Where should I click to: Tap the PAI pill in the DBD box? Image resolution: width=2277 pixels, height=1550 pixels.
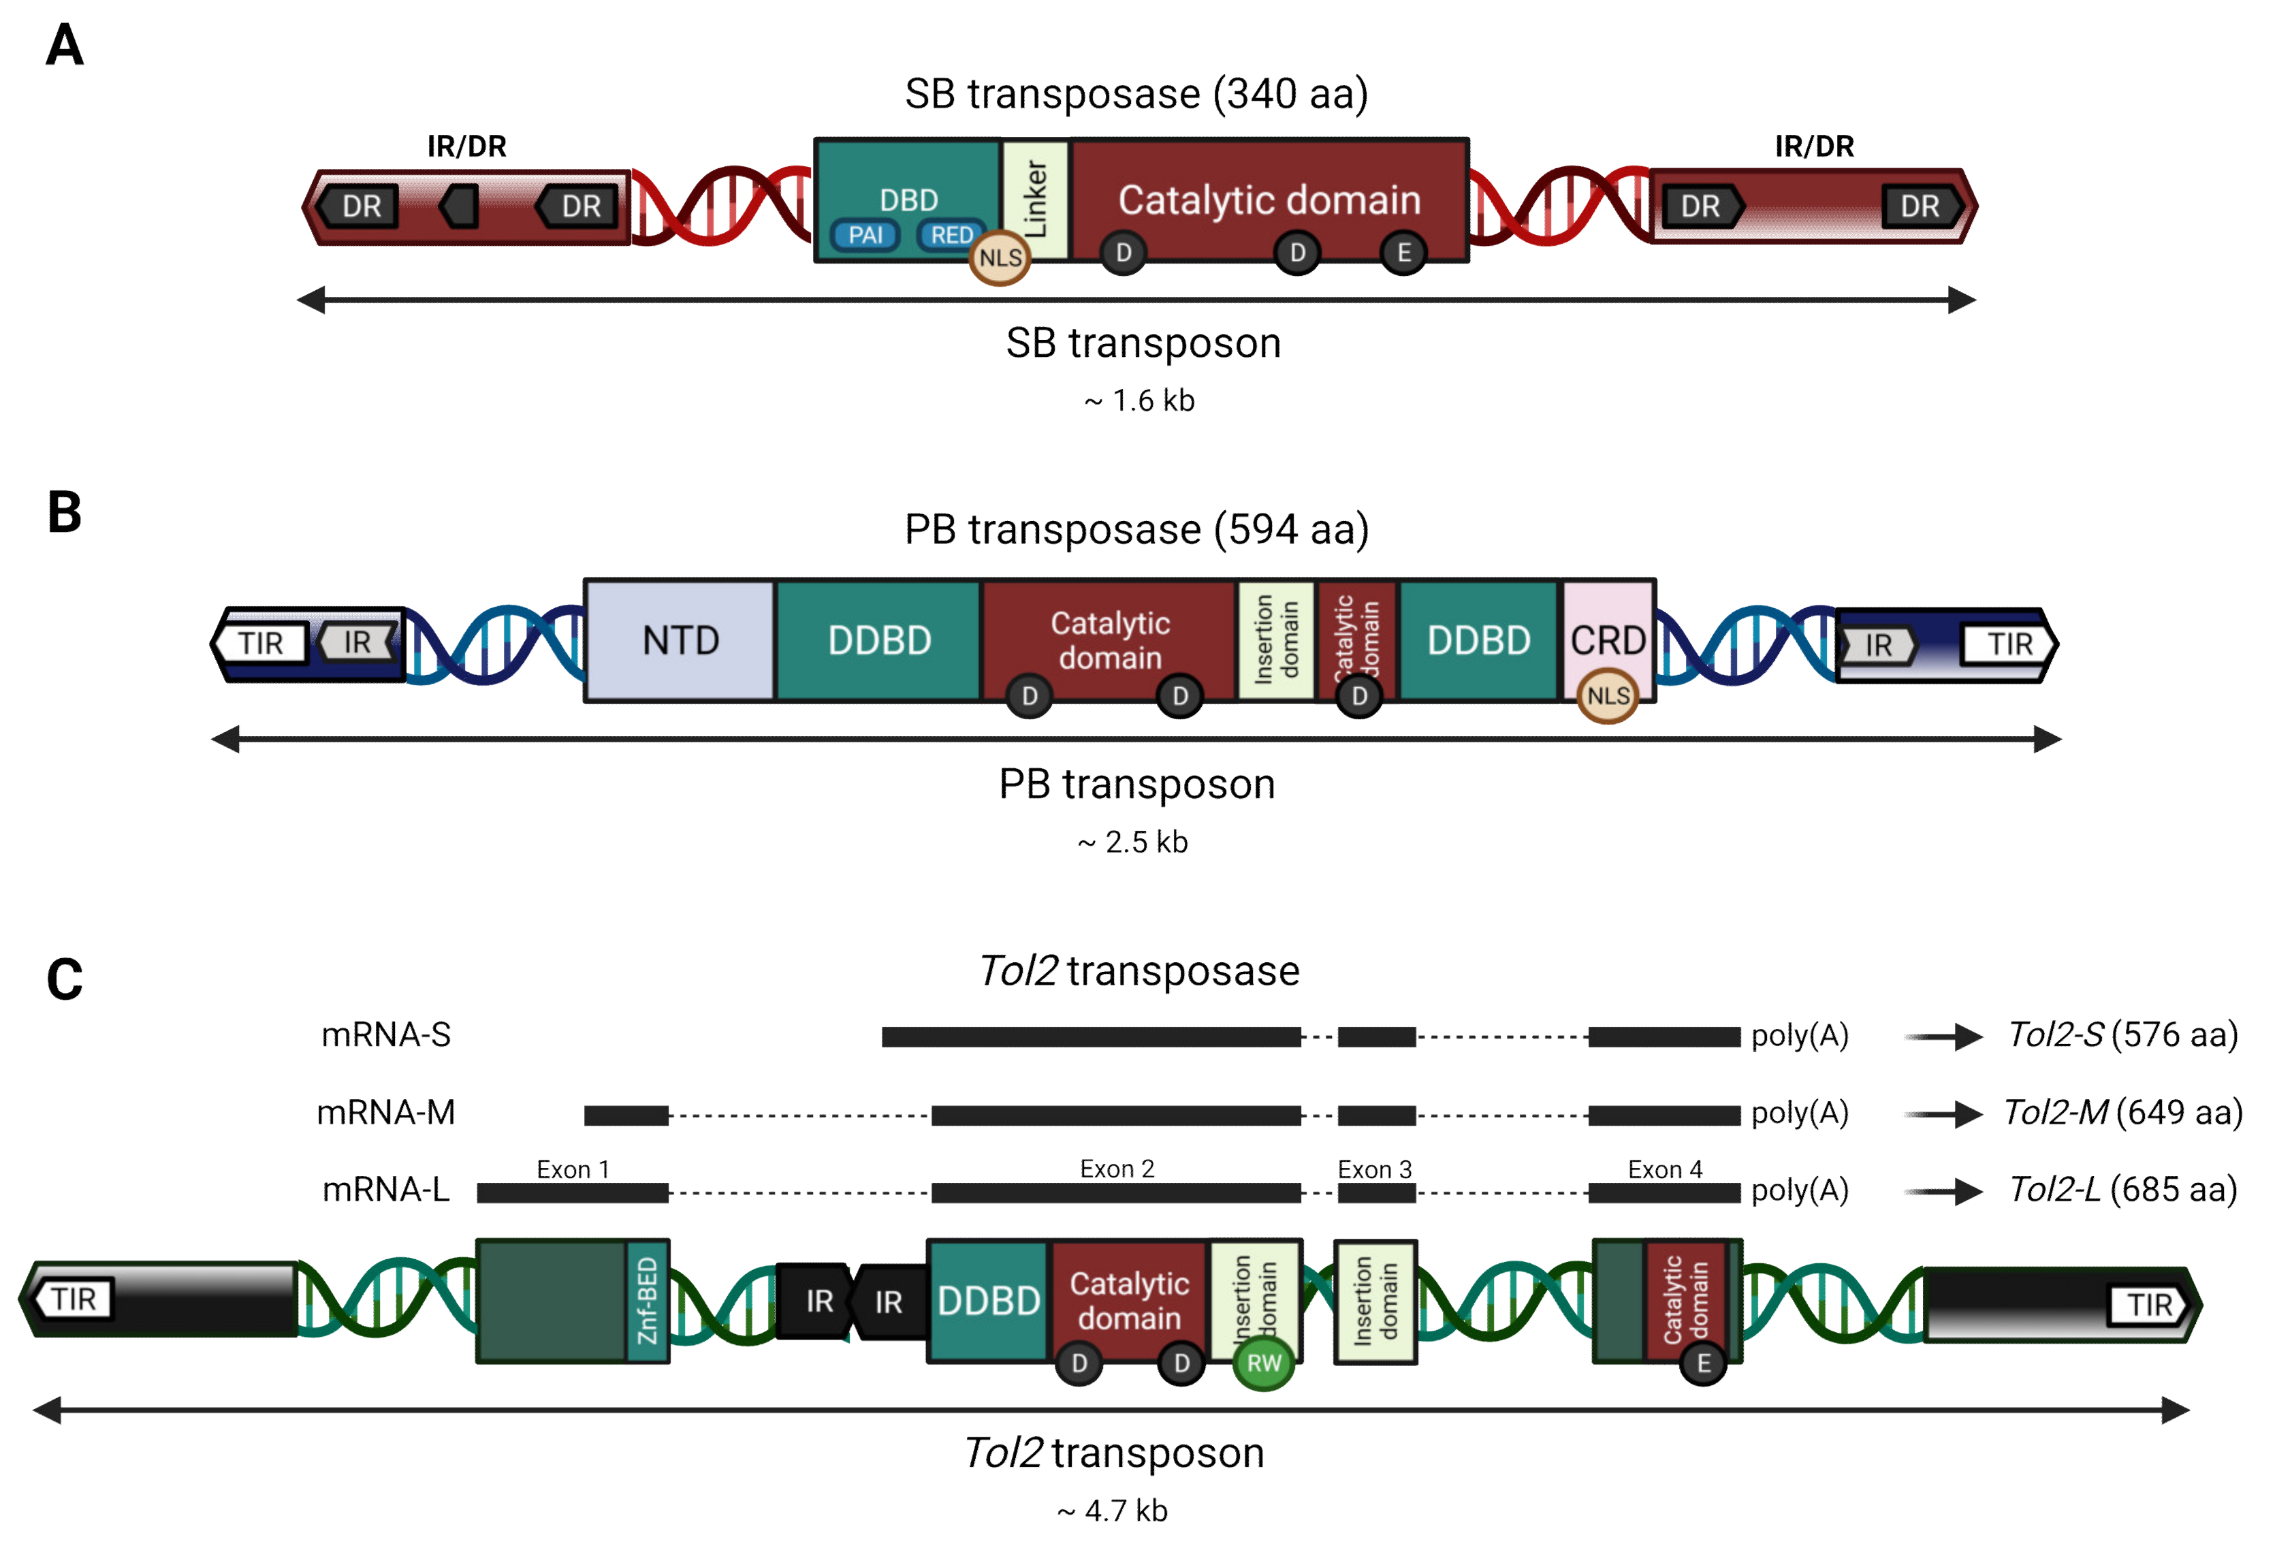point(865,235)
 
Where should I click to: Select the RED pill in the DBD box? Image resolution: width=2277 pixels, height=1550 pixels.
point(951,235)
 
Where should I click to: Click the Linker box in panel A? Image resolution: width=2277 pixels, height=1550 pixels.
point(1034,200)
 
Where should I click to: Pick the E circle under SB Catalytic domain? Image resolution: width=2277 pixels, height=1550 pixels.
point(1403,253)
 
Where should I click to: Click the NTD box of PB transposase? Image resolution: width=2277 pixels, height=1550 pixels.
point(680,641)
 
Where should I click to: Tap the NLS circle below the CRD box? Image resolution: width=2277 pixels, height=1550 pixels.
point(1607,695)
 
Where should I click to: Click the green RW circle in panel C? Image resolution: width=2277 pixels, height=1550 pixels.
point(1263,1363)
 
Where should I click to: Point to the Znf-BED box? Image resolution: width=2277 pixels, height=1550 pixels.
point(647,1301)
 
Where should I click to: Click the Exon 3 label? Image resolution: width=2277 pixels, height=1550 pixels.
point(1375,1169)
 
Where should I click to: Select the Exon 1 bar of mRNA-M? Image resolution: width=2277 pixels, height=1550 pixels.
point(626,1115)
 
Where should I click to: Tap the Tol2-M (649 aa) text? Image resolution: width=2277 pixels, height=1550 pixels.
point(2122,1113)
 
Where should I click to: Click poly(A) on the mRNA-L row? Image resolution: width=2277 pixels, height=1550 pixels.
point(1799,1190)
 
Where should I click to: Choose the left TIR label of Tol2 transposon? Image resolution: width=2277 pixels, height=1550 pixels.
point(74,1299)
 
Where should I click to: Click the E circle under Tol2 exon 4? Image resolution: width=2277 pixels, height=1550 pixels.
point(1703,1363)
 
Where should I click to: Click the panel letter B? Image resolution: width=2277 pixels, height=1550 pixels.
point(65,512)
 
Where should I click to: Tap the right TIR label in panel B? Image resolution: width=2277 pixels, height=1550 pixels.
point(2009,645)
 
